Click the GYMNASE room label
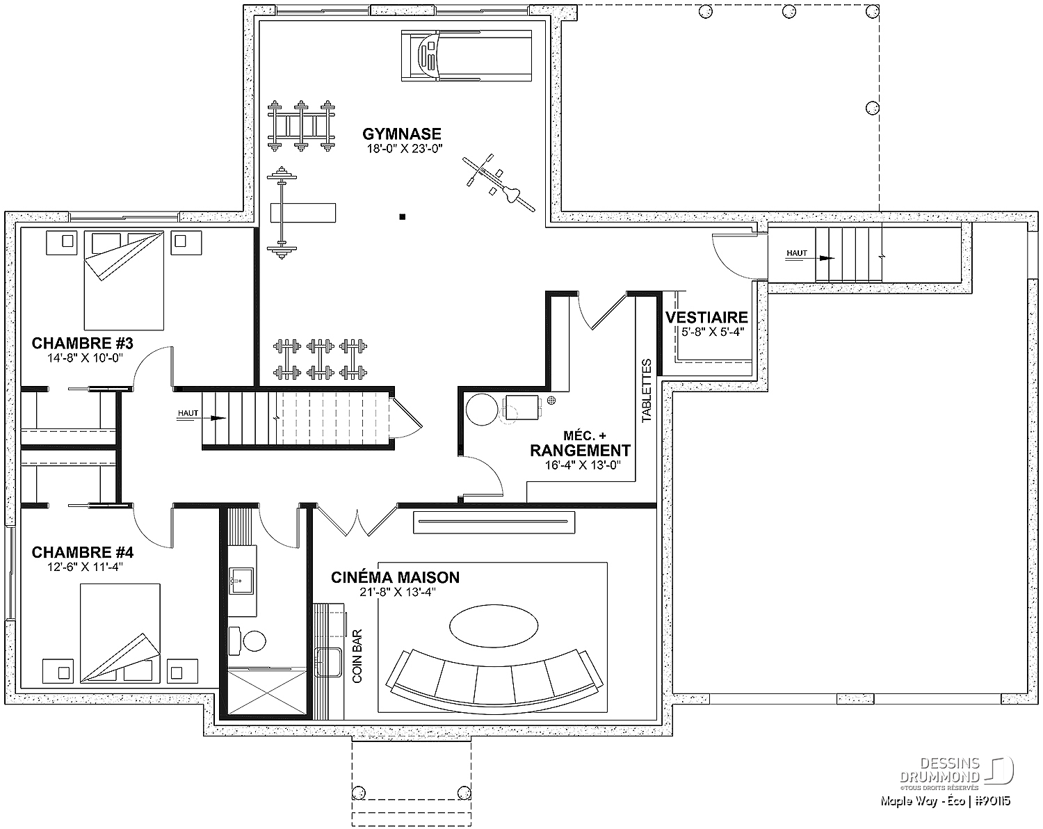point(402,134)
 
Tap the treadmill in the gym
point(467,56)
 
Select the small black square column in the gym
point(403,217)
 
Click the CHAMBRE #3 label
point(82,344)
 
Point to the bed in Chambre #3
point(124,280)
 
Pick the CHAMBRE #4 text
point(82,552)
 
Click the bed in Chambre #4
point(120,634)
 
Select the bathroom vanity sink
point(241,581)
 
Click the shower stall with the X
point(267,692)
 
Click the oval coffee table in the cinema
point(494,626)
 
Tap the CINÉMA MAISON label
point(395,577)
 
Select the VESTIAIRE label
point(706,318)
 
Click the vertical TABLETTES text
point(647,391)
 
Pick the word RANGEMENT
point(580,451)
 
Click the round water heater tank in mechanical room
point(482,410)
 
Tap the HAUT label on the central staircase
point(188,413)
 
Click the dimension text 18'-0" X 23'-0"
point(405,148)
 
